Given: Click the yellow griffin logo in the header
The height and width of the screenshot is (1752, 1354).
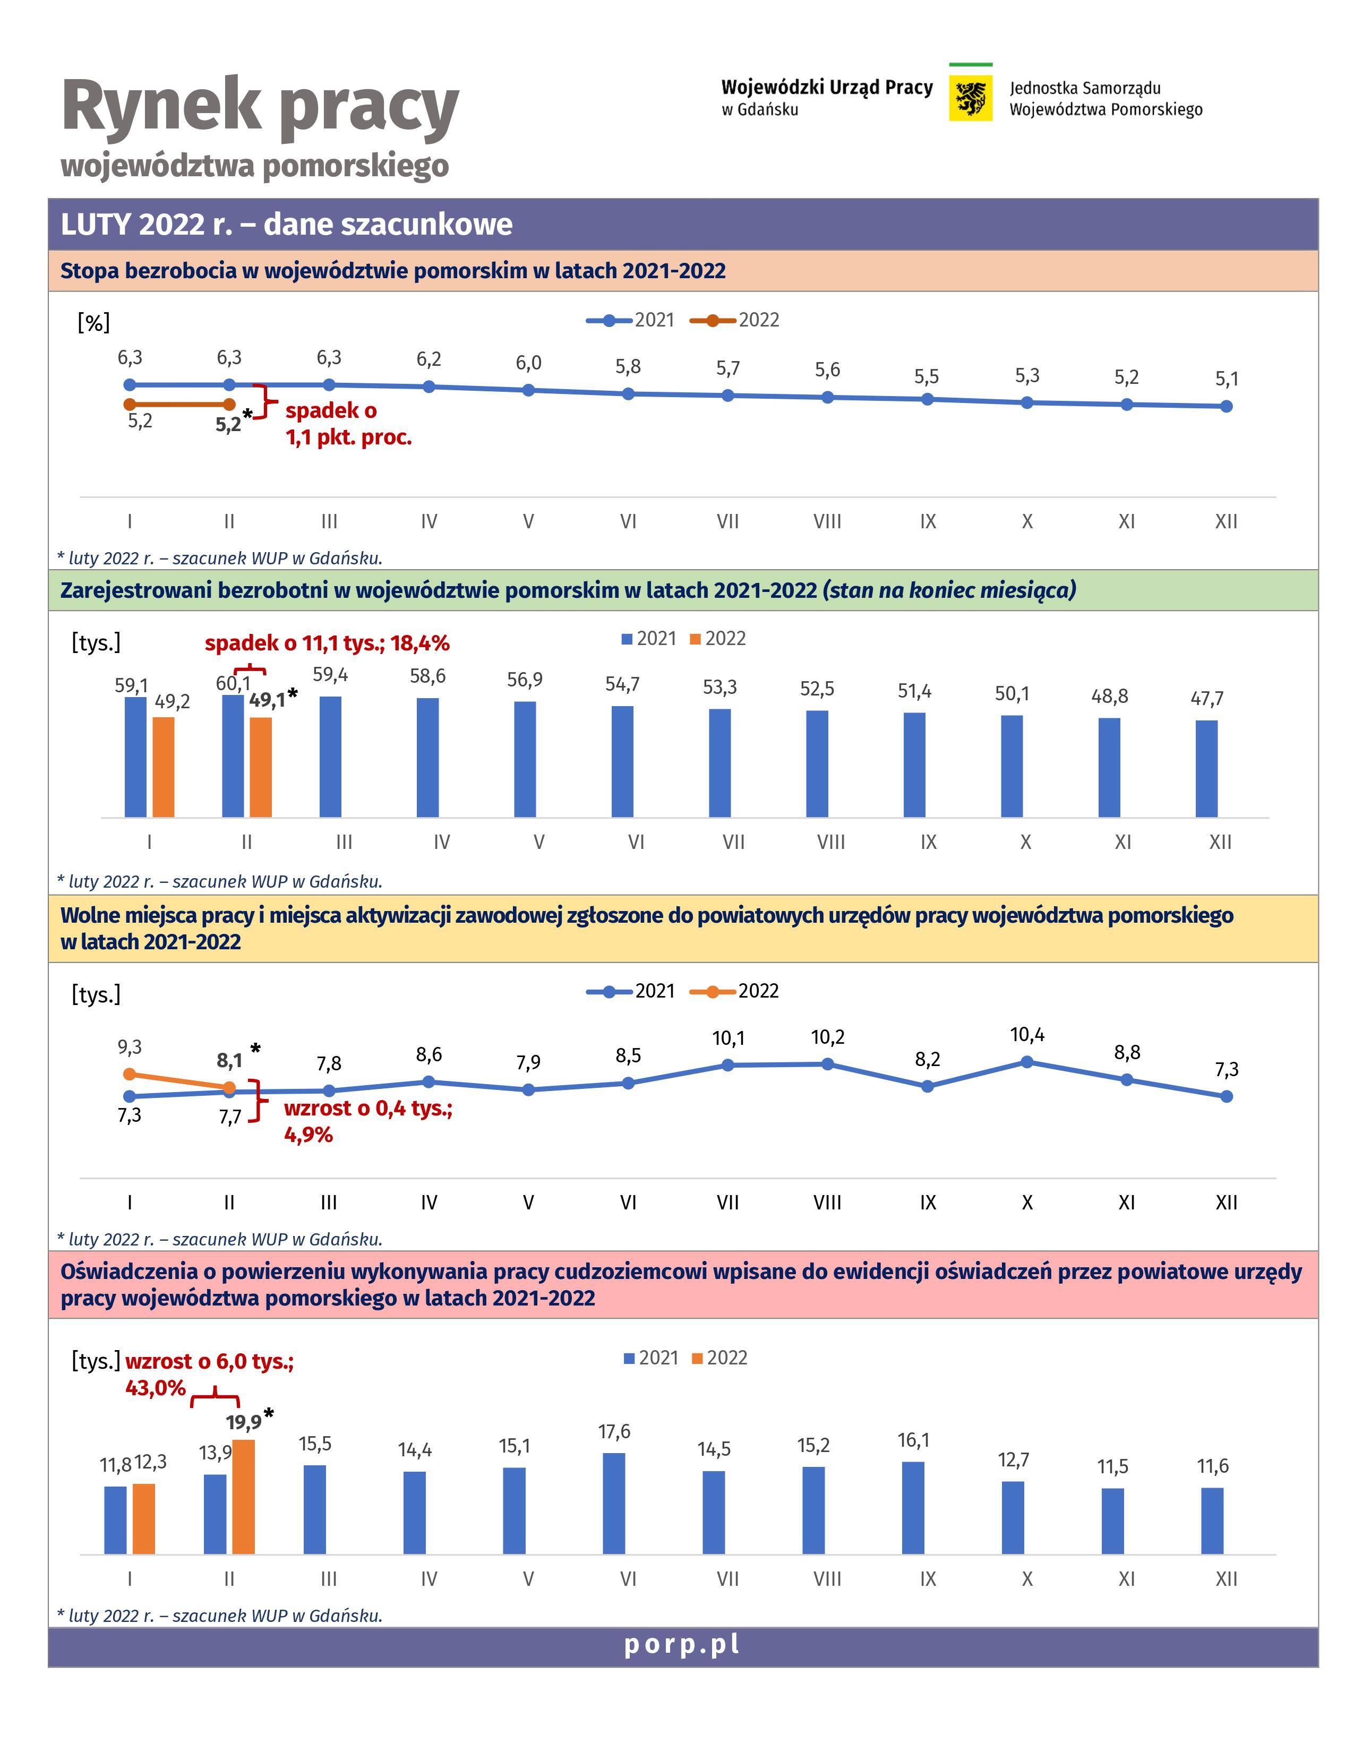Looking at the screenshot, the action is (971, 98).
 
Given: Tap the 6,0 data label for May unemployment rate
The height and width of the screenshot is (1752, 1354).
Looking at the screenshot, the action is (529, 363).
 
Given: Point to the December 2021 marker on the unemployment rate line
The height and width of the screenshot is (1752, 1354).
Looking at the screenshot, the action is (1227, 407).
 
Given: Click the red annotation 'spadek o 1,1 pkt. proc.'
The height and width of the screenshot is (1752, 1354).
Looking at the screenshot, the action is (348, 424).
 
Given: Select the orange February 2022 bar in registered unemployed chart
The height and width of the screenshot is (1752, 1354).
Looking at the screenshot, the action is (261, 767).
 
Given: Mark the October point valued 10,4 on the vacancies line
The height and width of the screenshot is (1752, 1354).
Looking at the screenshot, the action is (1027, 1062).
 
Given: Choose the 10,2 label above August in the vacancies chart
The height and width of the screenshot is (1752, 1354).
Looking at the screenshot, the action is (828, 1037).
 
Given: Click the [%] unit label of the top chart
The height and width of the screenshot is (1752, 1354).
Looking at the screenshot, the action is (94, 322).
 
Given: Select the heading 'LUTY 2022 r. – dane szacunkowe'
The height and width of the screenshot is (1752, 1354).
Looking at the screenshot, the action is (286, 224).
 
